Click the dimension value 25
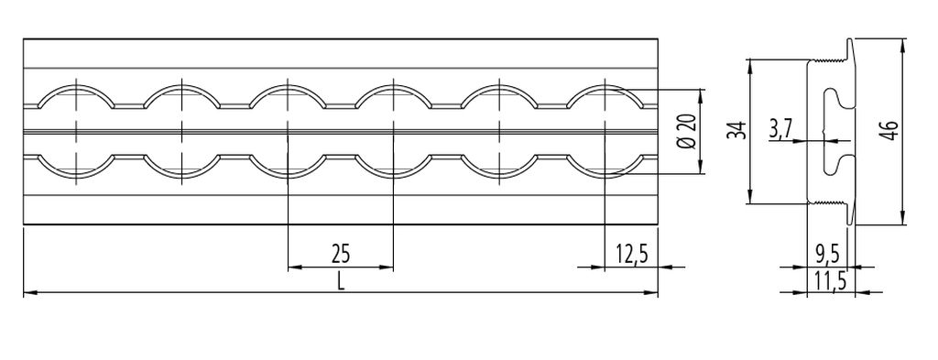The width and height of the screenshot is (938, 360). (341, 255)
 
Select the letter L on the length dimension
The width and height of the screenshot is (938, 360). (341, 281)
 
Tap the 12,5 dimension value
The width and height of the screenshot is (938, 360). (632, 255)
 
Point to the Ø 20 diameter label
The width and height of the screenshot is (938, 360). (688, 132)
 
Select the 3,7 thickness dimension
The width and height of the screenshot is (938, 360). (781, 131)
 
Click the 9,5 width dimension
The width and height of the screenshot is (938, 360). (827, 256)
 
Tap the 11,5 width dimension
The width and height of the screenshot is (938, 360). (830, 281)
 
